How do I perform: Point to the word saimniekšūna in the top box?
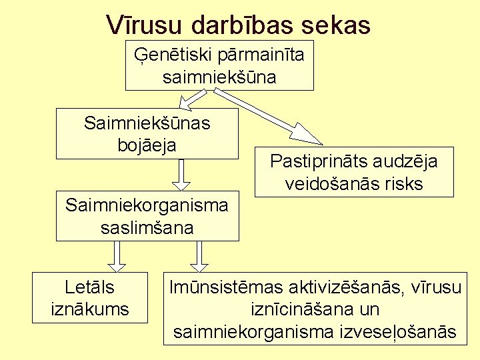[219, 77]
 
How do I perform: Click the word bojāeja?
[148, 144]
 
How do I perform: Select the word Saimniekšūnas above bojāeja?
[147, 123]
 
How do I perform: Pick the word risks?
[404, 183]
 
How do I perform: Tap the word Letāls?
[90, 287]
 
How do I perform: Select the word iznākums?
[90, 309]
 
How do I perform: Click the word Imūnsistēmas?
[227, 287]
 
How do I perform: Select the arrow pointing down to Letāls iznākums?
[117, 257]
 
